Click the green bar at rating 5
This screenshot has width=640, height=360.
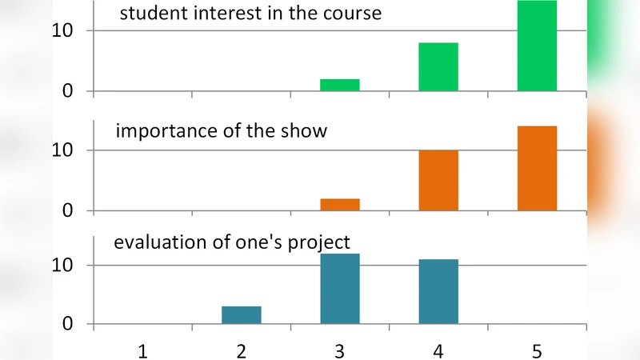coord(537,46)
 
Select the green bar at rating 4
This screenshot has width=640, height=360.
coord(438,67)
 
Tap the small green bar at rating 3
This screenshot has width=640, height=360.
coord(340,85)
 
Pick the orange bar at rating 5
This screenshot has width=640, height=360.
coord(537,169)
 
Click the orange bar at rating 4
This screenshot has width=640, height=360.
coord(438,181)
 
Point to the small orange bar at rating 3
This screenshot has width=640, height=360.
coord(340,205)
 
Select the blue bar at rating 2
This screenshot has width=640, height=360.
coord(242,315)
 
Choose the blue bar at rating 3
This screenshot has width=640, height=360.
coord(340,289)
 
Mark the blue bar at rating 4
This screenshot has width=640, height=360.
coord(438,292)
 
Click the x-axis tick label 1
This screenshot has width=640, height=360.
coord(142,350)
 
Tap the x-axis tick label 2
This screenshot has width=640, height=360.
coord(242,350)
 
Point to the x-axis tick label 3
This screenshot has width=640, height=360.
coord(340,350)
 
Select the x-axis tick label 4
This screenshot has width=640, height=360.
coord(438,350)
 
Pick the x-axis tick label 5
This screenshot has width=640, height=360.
coord(537,350)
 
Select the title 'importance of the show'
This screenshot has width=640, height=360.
coord(222,131)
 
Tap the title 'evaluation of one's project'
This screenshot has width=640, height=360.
coord(232,242)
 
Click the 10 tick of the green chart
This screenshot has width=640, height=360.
coord(62,30)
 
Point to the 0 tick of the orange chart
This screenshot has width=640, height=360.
coord(68,211)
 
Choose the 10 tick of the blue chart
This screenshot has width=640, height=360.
coord(62,265)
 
